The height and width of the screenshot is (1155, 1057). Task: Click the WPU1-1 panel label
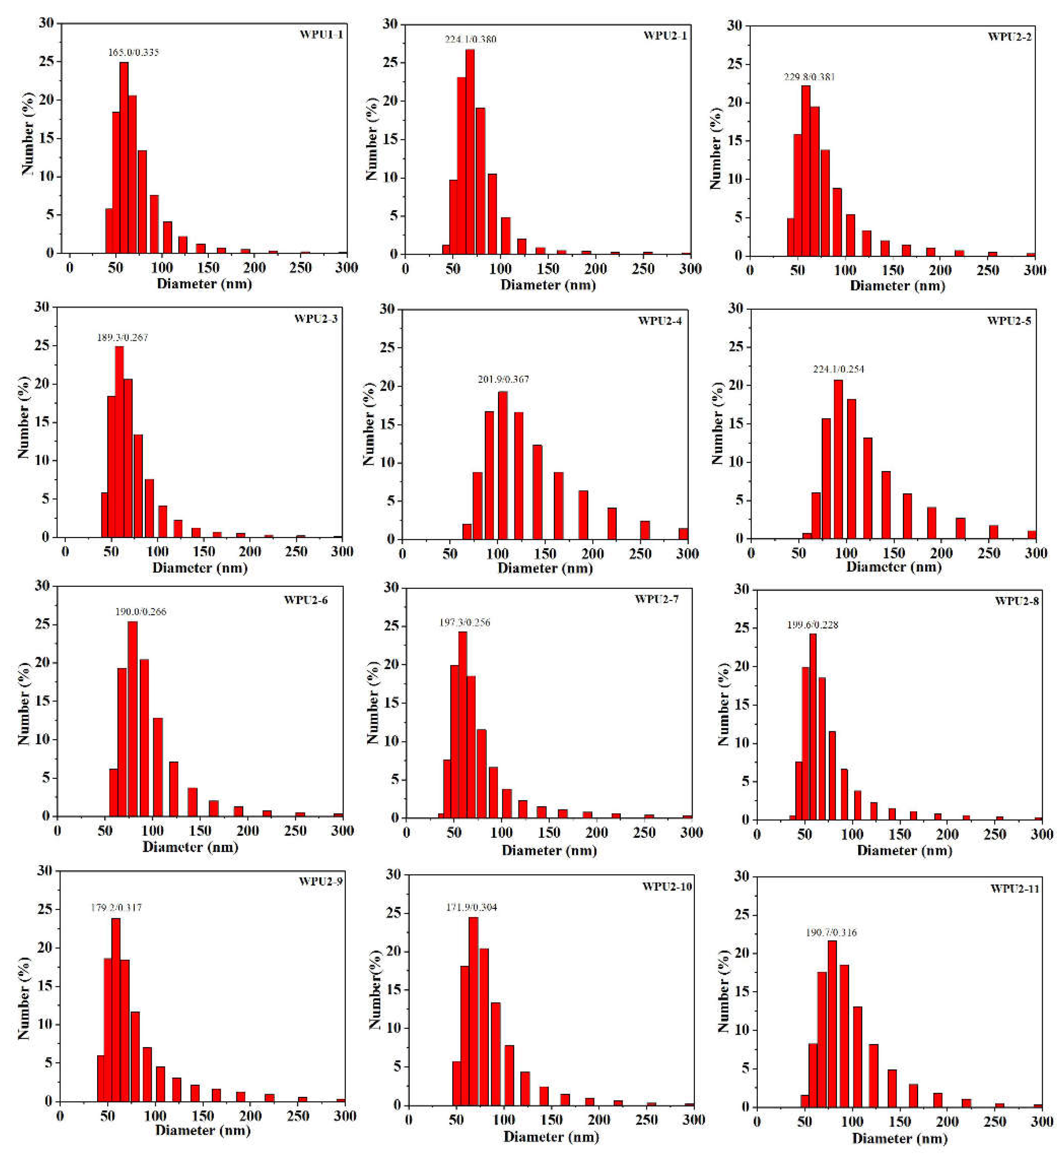[x=321, y=34]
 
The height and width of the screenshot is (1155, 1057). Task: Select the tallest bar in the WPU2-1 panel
[x=470, y=152]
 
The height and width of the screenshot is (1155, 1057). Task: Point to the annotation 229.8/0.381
[x=809, y=77]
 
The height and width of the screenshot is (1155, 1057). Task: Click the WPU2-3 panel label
[x=316, y=319]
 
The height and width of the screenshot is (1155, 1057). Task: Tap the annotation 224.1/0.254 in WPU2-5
[x=838, y=369]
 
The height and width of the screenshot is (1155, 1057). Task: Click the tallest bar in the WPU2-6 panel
[x=132, y=719]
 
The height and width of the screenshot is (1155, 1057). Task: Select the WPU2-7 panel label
[x=656, y=599]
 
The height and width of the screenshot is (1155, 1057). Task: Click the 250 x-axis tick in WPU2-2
[x=987, y=270]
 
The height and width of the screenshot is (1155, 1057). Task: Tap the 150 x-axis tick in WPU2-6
[x=200, y=831]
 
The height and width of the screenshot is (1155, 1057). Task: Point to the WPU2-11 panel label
[x=1015, y=889]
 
